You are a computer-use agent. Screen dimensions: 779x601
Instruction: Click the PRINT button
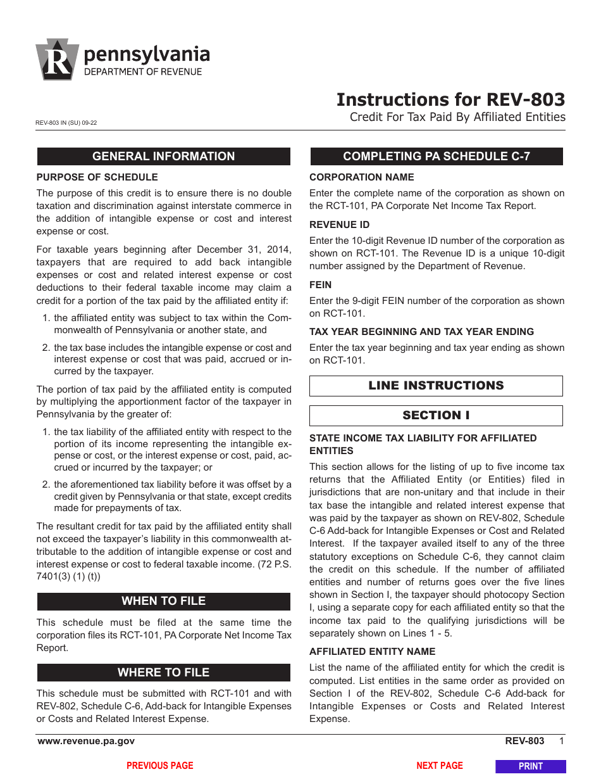[x=530, y=766]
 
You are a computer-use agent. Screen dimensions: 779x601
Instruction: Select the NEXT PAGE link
[x=440, y=766]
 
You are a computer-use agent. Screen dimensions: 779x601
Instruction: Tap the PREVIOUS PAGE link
[x=160, y=766]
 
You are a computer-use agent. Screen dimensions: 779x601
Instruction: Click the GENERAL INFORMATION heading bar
[x=163, y=156]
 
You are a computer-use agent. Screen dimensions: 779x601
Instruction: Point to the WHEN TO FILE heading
[x=163, y=601]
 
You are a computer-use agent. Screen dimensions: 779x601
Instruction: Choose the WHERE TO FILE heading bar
[x=163, y=673]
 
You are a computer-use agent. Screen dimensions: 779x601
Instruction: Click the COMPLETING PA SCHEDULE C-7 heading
[x=436, y=156]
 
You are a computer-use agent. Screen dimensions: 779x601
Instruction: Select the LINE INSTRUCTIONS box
[x=436, y=386]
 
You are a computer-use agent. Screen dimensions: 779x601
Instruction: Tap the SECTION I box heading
[x=436, y=415]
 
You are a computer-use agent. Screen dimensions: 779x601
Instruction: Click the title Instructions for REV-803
[x=450, y=100]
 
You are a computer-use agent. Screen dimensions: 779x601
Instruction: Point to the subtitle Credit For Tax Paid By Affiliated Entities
[x=457, y=117]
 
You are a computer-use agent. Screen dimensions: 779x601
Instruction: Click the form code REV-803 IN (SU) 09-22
[x=66, y=123]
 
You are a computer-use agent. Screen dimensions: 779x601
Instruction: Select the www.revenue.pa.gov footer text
[x=86, y=741]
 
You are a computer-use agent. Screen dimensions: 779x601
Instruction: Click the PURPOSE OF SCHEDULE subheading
[x=97, y=177]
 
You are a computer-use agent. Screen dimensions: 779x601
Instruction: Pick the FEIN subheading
[x=320, y=285]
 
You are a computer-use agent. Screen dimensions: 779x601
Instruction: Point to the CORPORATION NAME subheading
[x=361, y=177]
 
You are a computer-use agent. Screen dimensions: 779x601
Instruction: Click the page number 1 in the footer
[x=561, y=741]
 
